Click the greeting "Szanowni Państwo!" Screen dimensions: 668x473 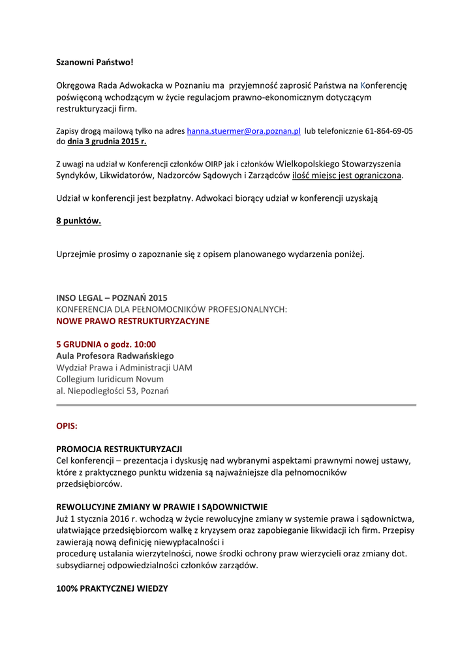95,62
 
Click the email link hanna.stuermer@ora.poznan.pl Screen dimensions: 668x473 243,130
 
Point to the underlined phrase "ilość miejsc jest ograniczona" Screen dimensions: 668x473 347,175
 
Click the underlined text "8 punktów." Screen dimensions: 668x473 78,220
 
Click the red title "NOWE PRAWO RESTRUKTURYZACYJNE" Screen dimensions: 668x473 132,321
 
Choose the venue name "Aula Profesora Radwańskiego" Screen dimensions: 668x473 115,356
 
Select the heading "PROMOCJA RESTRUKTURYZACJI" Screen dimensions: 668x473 119,449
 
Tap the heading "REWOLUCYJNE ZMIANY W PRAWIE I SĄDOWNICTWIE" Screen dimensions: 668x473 162,507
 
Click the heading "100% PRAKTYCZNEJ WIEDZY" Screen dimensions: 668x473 112,588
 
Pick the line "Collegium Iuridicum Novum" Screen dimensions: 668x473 110,379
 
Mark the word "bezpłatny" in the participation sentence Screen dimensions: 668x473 172,197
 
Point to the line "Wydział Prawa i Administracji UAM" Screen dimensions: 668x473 124,367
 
